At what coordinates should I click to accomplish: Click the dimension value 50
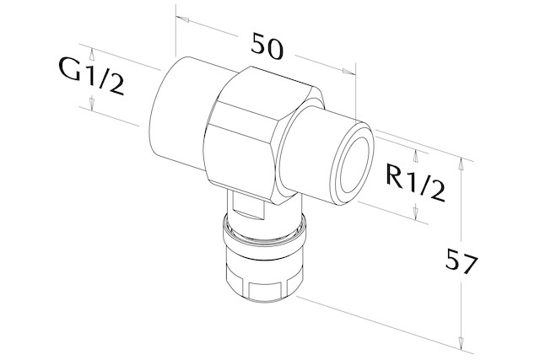267,46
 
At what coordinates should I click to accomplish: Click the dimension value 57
462,262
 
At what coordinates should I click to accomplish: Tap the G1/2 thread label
91,77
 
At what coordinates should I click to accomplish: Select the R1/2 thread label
415,184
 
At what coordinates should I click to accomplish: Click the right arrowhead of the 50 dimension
348,72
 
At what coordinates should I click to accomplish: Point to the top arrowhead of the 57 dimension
461,164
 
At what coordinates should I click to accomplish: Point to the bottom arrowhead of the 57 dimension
461,342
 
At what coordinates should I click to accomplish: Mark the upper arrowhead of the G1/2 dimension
92,55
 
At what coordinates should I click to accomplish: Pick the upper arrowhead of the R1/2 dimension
416,156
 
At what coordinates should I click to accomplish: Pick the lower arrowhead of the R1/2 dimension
416,211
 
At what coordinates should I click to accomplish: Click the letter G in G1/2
71,68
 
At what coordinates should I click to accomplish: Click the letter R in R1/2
396,176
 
